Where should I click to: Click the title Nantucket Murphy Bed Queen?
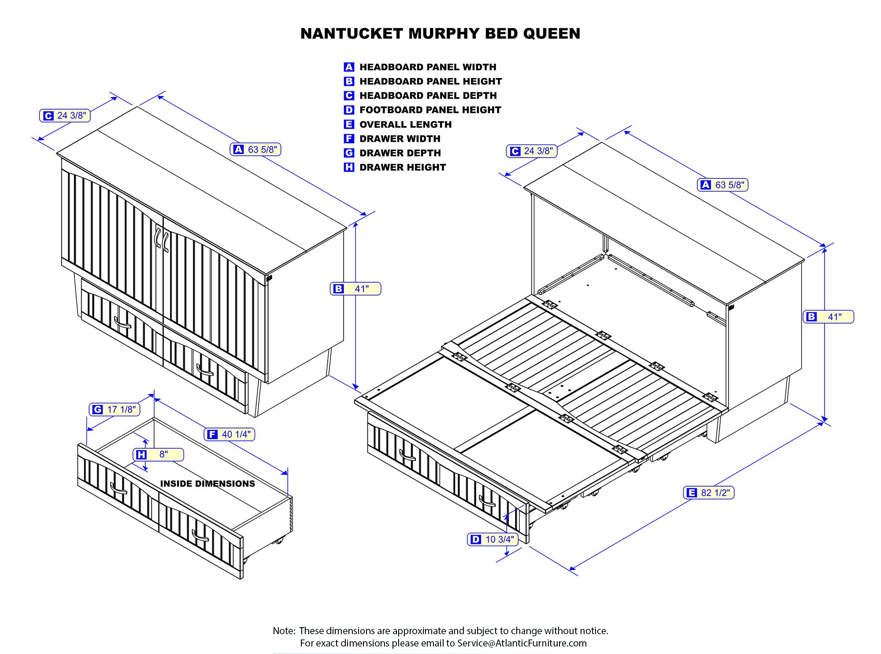[x=440, y=34]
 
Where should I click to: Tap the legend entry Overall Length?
[x=405, y=125]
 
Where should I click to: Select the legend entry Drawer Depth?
[x=400, y=153]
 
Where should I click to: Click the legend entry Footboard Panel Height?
[x=430, y=110]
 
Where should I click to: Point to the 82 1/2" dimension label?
[x=709, y=493]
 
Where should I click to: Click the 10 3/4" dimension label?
[x=492, y=539]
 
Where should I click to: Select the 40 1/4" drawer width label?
[x=230, y=435]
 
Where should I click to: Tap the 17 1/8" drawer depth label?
[x=115, y=410]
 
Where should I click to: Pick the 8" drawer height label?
[x=158, y=454]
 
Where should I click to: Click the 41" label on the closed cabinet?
[x=355, y=289]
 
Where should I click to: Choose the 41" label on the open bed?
[x=829, y=317]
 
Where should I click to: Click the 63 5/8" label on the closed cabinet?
[x=255, y=150]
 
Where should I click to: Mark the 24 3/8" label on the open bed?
[x=532, y=151]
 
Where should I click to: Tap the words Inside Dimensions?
[x=207, y=484]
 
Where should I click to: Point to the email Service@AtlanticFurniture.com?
[x=522, y=643]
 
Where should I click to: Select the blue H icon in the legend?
[x=349, y=167]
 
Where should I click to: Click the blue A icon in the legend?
[x=349, y=67]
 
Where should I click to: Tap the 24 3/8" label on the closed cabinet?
[x=65, y=116]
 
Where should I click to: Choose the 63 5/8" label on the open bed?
[x=722, y=185]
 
